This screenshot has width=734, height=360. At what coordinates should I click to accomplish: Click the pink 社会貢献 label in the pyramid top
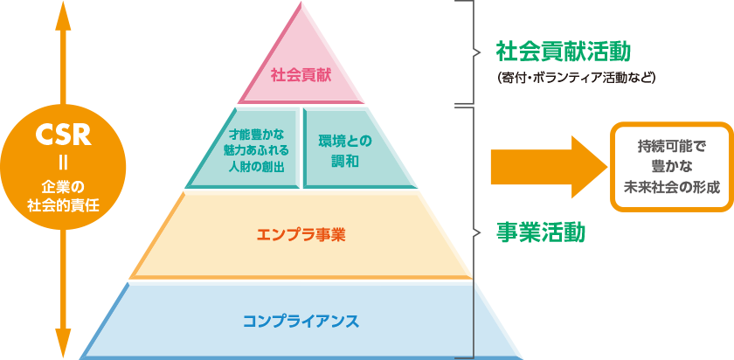[301, 76]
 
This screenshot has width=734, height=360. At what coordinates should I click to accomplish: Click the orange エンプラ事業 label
[301, 234]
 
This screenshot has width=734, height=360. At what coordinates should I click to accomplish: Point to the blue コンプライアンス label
[301, 322]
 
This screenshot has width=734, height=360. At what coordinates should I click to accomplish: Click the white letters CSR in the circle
[64, 136]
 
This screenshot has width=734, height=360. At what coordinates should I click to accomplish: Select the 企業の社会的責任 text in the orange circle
[64, 197]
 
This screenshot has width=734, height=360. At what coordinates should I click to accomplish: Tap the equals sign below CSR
[64, 164]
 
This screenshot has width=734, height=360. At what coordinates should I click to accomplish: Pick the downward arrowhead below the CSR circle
[64, 343]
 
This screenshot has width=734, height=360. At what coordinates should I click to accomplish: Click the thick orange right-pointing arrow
[549, 167]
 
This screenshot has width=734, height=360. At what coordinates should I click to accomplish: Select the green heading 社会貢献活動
[564, 52]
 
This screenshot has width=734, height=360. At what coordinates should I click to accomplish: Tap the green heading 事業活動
[541, 232]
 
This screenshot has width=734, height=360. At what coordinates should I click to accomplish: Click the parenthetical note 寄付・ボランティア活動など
[576, 78]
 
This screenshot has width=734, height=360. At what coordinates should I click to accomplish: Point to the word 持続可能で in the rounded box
[671, 146]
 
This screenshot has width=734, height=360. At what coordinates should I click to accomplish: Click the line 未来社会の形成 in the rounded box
[671, 187]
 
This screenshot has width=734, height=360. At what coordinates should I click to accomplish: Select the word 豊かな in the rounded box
[671, 167]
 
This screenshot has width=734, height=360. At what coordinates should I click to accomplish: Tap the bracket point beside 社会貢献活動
[477, 52]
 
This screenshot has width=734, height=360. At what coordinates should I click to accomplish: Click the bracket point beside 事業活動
[477, 232]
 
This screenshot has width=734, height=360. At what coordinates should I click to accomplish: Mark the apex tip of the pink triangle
[301, 2]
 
